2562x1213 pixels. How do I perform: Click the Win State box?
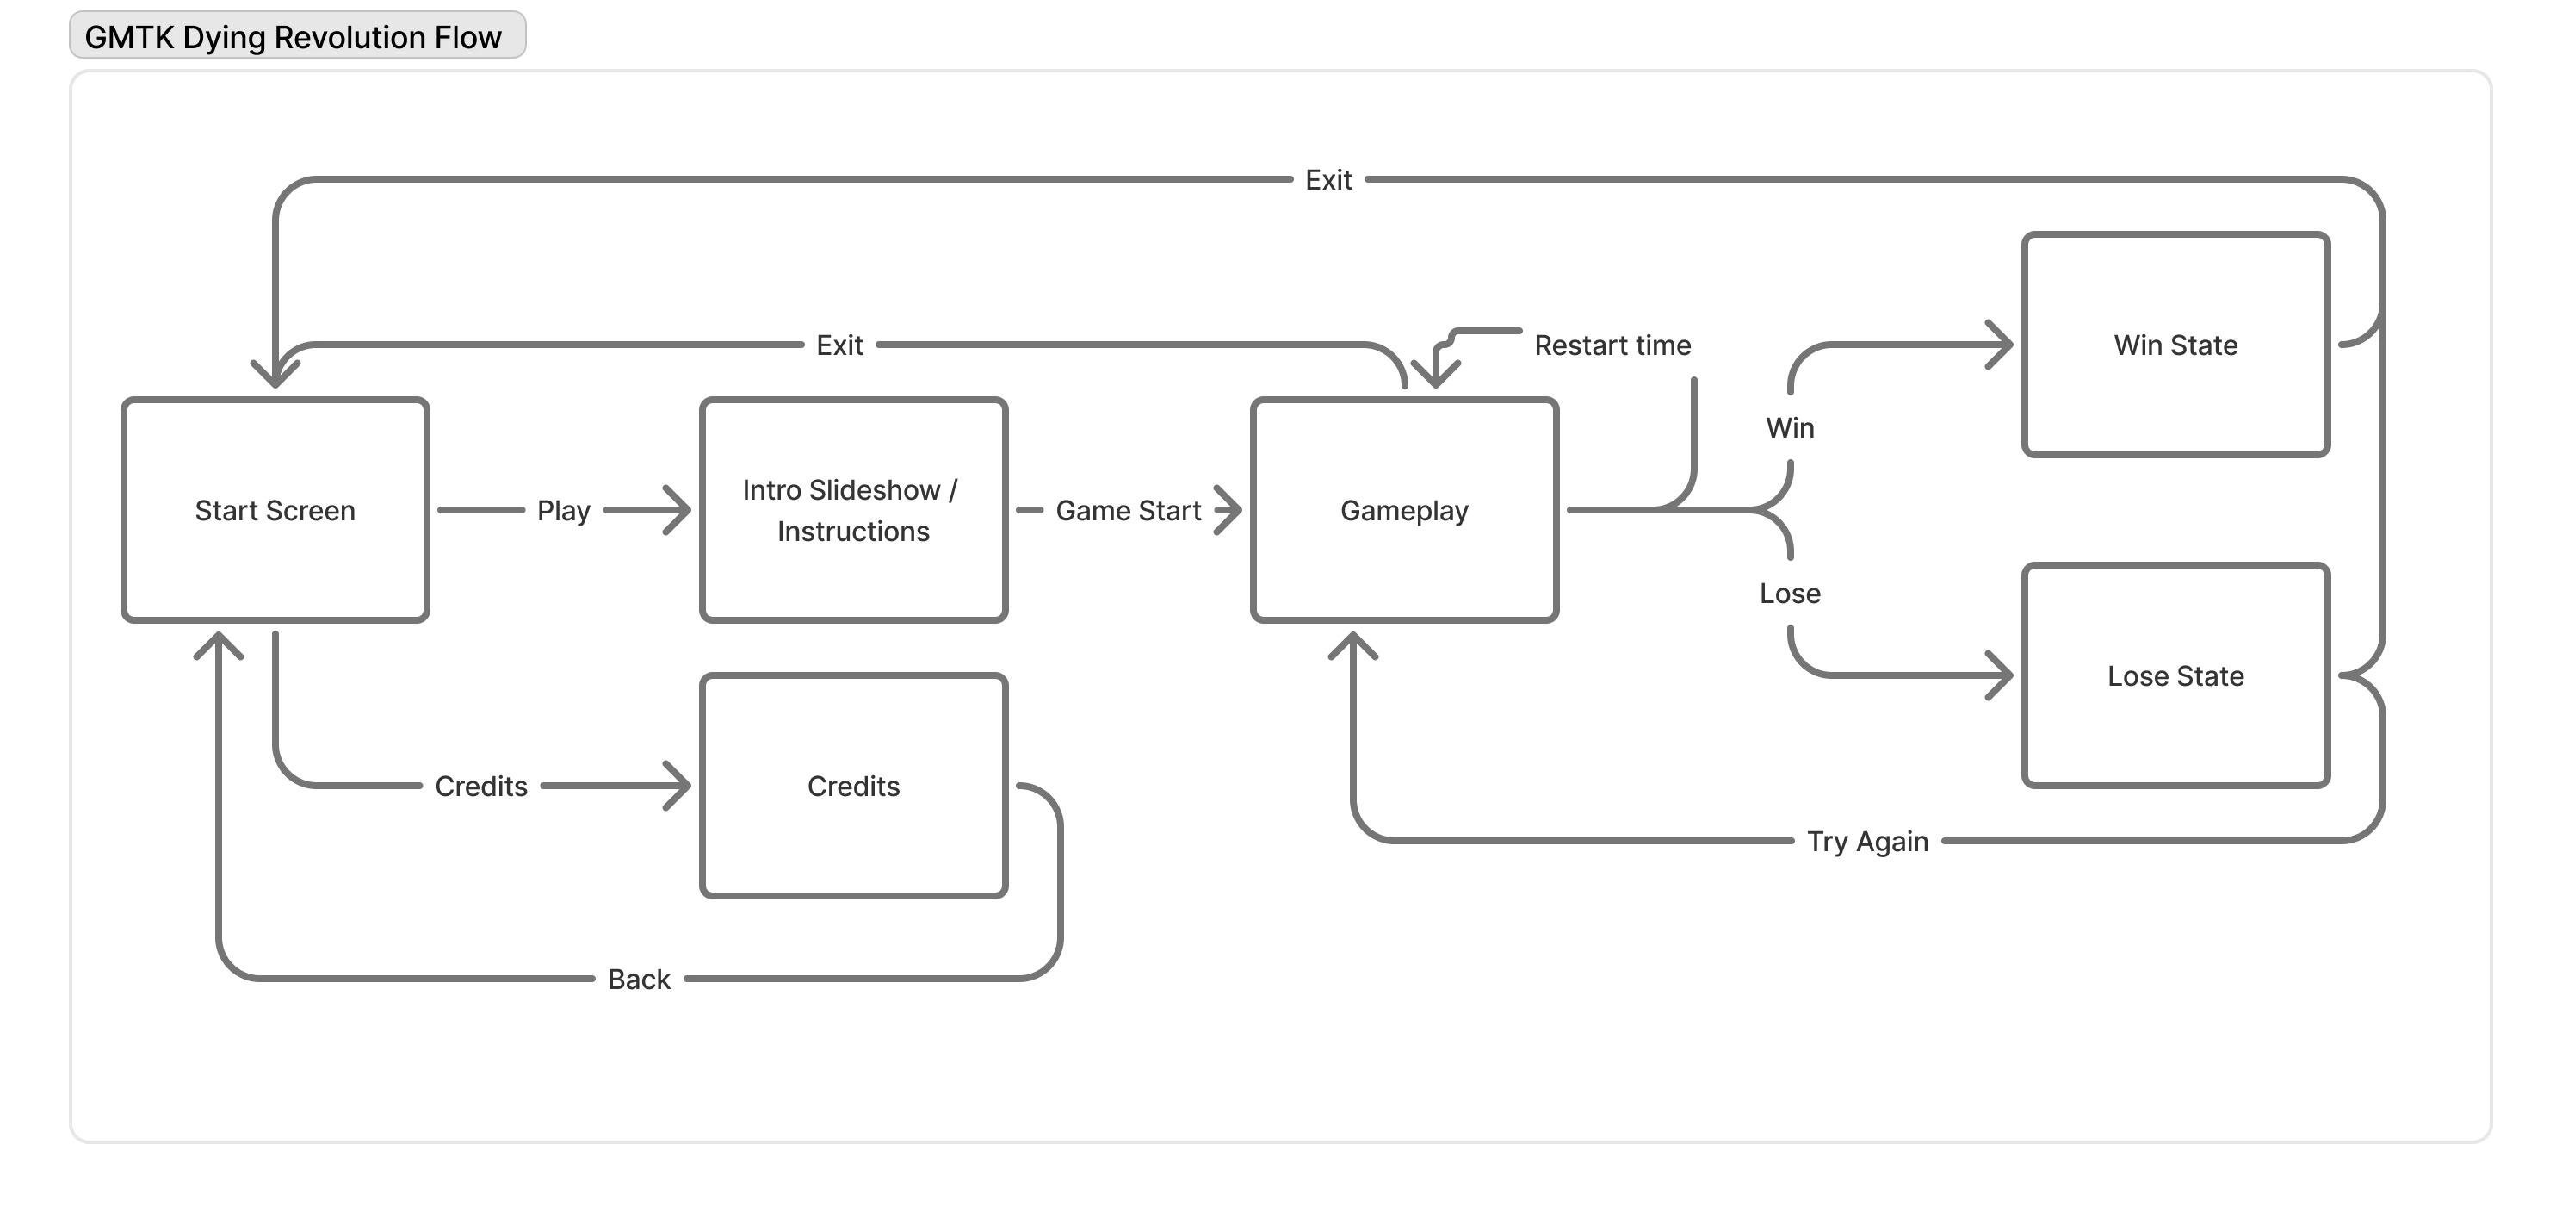[2175, 345]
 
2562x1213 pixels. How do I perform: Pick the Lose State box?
[2175, 675]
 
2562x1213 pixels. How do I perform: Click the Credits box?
[853, 786]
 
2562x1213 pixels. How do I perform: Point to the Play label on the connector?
[563, 511]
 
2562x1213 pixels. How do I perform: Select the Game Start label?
[1128, 511]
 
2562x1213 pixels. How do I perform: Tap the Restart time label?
[1612, 345]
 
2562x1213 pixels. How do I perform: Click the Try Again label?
[1866, 842]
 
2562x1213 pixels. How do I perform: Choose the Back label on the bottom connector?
[639, 980]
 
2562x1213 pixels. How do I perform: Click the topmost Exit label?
[1327, 180]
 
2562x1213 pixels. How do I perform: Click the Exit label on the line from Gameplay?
[839, 345]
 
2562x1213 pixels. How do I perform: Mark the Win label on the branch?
[1789, 428]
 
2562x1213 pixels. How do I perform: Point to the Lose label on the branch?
[1789, 593]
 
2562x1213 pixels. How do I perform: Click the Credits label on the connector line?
[480, 786]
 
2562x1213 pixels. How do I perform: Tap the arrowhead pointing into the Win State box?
[2001, 345]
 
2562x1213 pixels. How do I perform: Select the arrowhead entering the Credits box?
[679, 786]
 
